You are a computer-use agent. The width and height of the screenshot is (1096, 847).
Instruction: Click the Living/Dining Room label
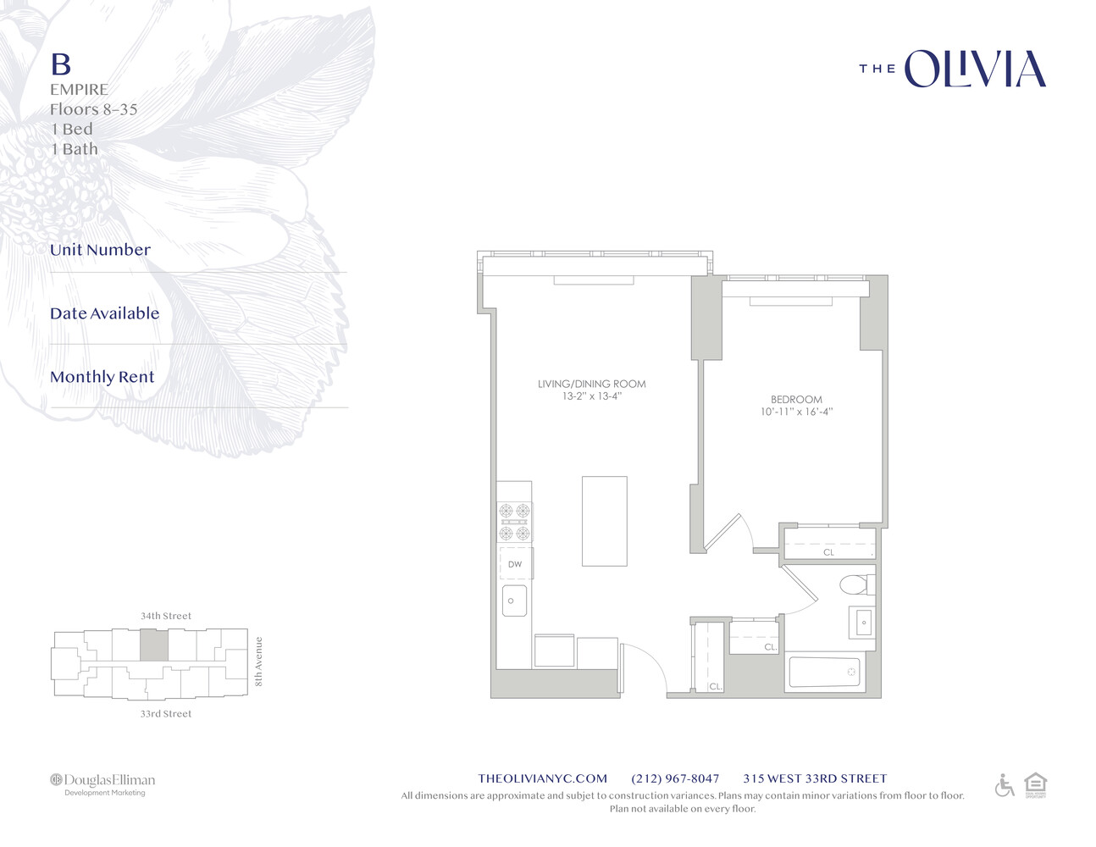click(591, 384)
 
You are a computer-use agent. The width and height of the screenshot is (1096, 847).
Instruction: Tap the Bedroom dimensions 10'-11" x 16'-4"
click(796, 412)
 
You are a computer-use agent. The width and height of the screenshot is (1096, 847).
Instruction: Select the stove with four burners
click(514, 521)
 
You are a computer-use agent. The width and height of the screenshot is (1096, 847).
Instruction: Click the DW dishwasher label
click(515, 564)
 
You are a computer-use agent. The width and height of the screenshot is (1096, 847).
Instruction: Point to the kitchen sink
click(514, 601)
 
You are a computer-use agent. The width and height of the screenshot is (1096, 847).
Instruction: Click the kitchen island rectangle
click(604, 521)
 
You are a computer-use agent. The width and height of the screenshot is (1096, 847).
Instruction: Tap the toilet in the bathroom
click(855, 584)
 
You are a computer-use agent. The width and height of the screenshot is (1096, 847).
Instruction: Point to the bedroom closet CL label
click(828, 552)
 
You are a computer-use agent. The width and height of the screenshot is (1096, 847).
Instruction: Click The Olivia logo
click(953, 69)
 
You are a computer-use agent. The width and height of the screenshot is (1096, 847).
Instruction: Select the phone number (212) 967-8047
click(675, 778)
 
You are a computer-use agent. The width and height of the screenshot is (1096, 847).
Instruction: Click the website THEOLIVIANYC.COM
click(542, 778)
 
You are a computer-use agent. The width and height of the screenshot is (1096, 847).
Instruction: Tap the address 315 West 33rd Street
click(815, 778)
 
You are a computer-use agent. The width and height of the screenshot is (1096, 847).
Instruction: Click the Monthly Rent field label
click(102, 377)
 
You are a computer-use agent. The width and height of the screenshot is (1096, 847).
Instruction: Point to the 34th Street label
click(166, 616)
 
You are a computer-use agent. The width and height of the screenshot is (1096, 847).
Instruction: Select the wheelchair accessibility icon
click(1005, 786)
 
